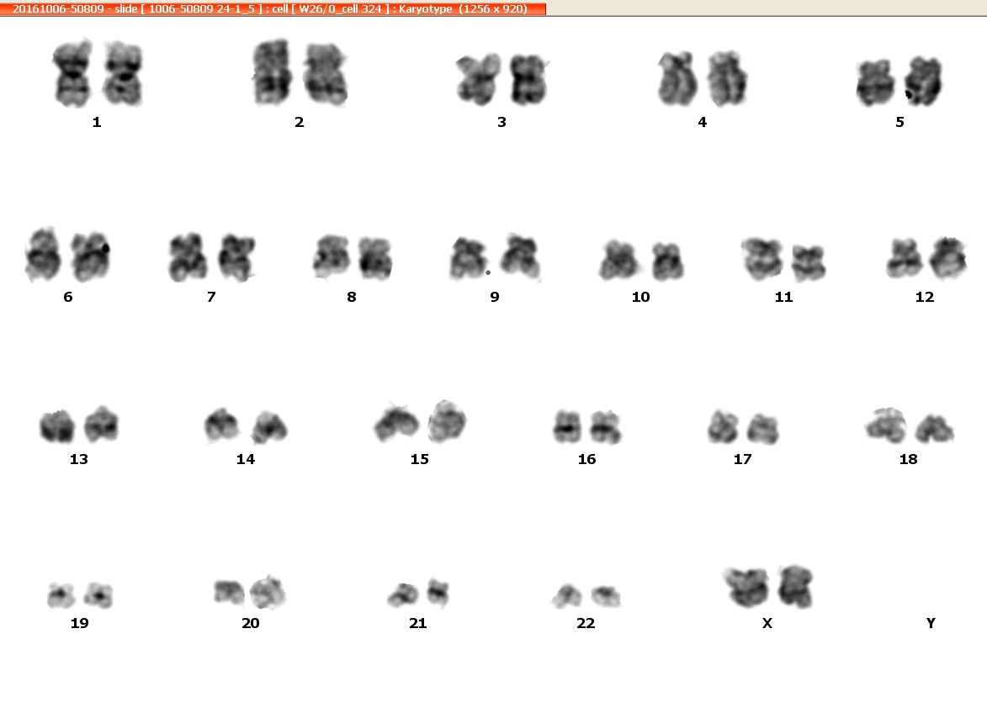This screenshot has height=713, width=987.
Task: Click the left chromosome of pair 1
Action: click(x=73, y=73)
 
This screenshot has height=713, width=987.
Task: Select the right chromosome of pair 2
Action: click(x=325, y=74)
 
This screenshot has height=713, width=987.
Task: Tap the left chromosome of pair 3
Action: click(x=479, y=79)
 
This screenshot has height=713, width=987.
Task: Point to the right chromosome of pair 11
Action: click(x=809, y=262)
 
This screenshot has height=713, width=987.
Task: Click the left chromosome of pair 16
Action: click(x=567, y=427)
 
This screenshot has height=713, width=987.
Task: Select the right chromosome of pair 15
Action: click(x=447, y=420)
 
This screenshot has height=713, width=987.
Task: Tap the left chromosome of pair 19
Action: click(x=61, y=594)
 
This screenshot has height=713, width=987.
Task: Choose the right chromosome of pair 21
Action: click(x=438, y=592)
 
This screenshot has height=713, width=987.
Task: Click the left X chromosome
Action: click(x=748, y=587)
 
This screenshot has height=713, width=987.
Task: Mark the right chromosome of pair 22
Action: click(x=606, y=596)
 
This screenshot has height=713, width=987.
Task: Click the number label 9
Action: click(x=495, y=297)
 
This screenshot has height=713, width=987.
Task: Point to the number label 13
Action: click(x=79, y=459)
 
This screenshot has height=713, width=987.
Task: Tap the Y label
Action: click(x=931, y=622)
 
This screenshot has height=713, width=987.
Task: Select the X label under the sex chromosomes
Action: click(x=767, y=622)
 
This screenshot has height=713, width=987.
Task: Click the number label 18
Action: click(x=908, y=459)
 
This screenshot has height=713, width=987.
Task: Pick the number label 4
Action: click(x=703, y=122)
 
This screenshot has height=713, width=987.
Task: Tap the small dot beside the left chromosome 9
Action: click(x=488, y=272)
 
